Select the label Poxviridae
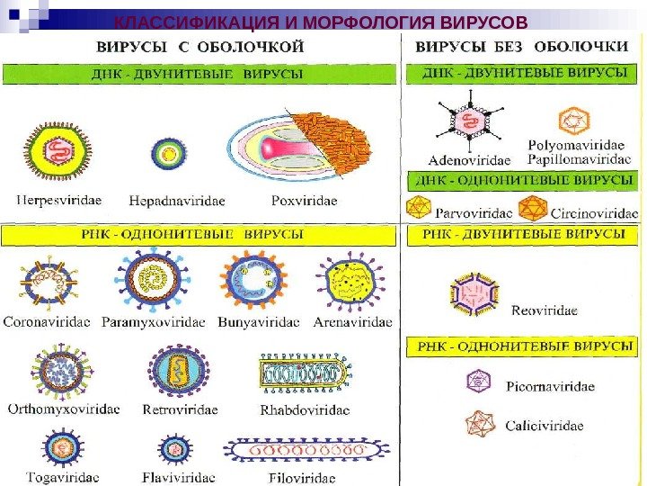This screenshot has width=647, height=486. pyautogui.click(x=303, y=201)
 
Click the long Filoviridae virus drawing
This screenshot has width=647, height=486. pyautogui.click(x=307, y=449)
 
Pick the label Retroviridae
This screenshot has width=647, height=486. pyautogui.click(x=180, y=409)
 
